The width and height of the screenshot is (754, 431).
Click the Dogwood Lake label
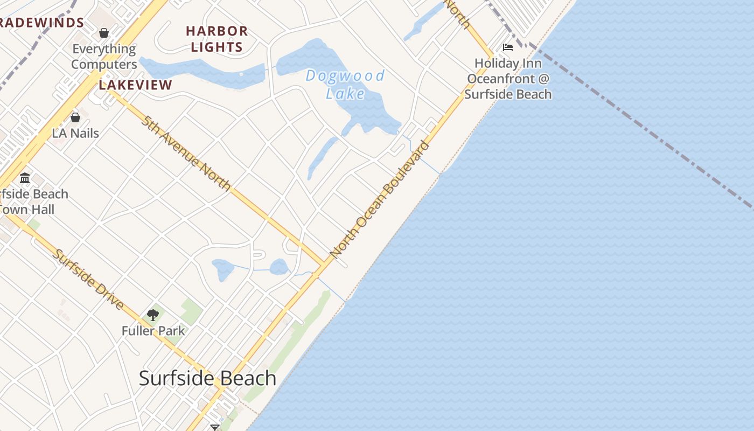pos(345,84)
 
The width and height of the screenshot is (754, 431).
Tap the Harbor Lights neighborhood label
pos(217,39)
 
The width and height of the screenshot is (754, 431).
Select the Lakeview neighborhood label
pos(136,85)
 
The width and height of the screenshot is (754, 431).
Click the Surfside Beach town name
pos(207,378)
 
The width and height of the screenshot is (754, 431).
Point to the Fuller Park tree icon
pos(153,315)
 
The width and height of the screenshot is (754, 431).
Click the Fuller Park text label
pos(153,330)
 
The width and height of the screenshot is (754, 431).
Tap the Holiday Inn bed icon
pos(507,47)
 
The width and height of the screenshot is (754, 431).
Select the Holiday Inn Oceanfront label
pos(508,79)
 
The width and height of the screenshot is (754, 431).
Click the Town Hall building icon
pos(25,178)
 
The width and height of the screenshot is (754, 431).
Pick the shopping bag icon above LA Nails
pos(75,117)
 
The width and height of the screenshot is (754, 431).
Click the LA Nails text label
pos(75,133)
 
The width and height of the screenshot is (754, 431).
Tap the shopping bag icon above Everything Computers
pos(104,33)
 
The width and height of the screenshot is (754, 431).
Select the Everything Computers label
pos(104,57)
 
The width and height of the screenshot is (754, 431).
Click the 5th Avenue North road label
pos(186,153)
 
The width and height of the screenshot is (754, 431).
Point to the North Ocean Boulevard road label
pos(380,199)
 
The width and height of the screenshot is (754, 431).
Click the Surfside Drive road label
pos(88,279)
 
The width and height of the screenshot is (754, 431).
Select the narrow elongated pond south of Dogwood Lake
pos(322,157)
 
